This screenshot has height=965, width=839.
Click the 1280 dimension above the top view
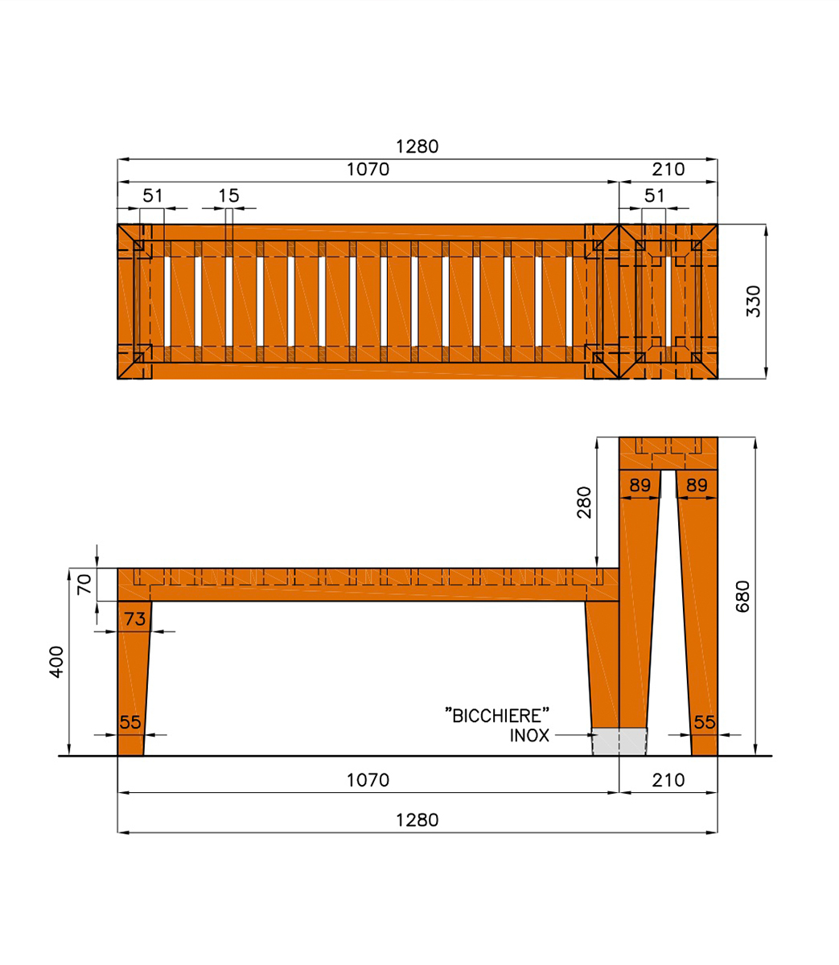[x=417, y=146]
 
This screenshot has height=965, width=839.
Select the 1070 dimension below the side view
[x=368, y=780]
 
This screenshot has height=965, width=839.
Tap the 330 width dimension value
[x=754, y=302]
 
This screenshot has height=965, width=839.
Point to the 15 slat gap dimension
[x=228, y=195]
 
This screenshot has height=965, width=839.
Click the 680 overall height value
[x=742, y=597]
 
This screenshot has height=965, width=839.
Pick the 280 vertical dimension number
[x=584, y=503]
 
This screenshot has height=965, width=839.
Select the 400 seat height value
[x=56, y=662]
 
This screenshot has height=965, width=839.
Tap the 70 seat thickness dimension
[x=84, y=584]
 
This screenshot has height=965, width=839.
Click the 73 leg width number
[x=135, y=619]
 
